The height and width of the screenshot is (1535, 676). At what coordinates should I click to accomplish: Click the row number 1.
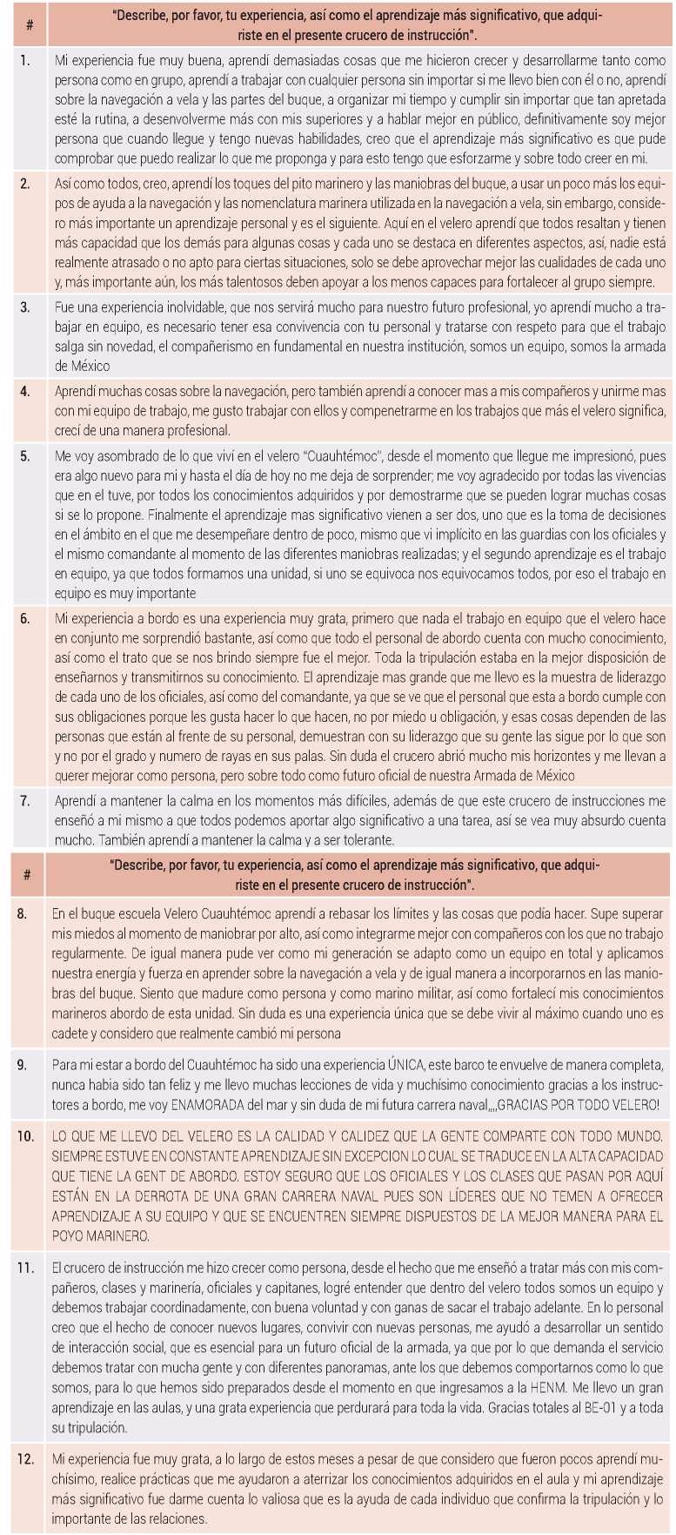click(25, 61)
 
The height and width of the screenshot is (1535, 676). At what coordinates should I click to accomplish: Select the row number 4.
click(25, 391)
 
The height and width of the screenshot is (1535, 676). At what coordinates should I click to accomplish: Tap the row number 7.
click(25, 800)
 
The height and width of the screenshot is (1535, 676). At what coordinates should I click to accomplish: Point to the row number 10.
click(26, 1135)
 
